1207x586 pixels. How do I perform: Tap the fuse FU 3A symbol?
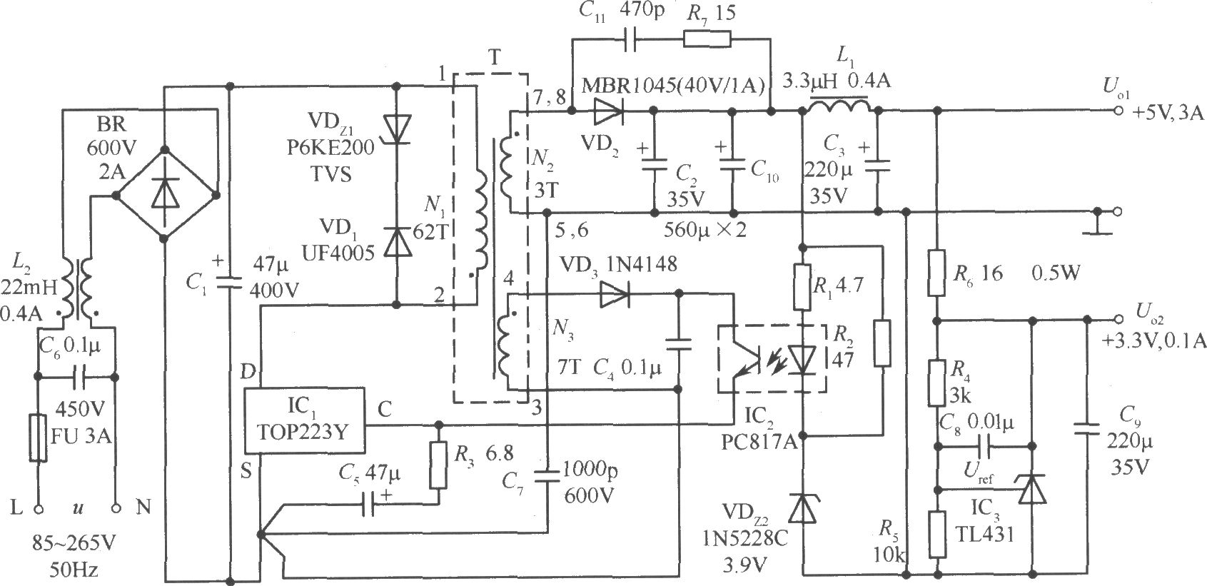(x=37, y=438)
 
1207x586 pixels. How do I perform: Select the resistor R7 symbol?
(x=707, y=39)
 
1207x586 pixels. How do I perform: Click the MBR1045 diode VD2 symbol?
(x=609, y=111)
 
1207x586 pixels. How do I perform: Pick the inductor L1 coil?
(x=839, y=106)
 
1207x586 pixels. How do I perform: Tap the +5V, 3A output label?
(x=1168, y=113)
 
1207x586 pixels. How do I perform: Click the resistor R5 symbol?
(x=937, y=535)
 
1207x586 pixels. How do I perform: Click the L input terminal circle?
(x=38, y=508)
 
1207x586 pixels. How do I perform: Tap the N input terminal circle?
(x=116, y=508)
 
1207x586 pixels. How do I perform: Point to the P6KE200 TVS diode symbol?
(x=397, y=129)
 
